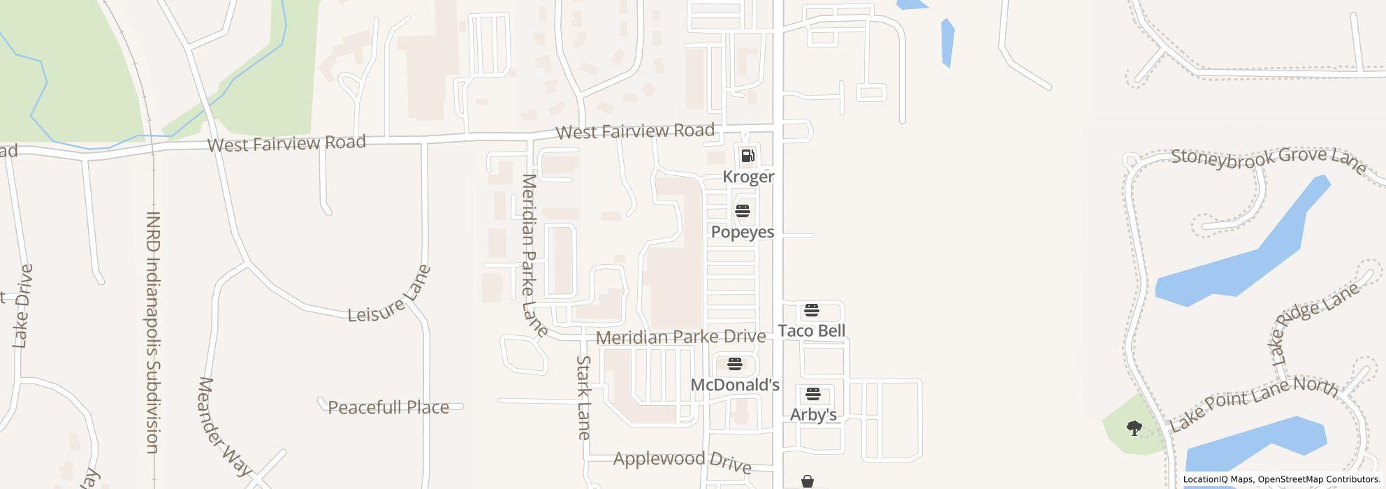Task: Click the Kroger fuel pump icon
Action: [747, 156]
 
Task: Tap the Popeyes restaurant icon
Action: [742, 211]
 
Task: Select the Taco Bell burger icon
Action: [811, 310]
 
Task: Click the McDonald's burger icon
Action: [734, 364]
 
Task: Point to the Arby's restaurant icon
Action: [812, 394]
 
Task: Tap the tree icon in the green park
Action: [1134, 428]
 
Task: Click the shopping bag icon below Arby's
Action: [808, 481]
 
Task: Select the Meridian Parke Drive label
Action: [680, 337]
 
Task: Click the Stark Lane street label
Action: [584, 397]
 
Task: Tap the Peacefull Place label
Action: [388, 407]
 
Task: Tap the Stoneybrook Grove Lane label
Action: [1268, 160]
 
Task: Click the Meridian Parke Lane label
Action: [534, 255]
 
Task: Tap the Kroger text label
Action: [748, 177]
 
